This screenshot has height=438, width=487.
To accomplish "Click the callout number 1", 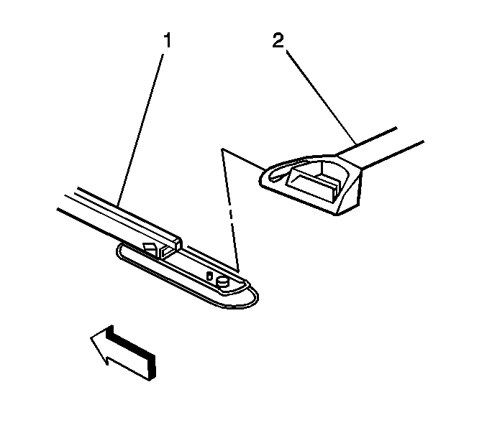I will point(166,41).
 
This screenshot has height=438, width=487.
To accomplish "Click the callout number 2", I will point(278,42).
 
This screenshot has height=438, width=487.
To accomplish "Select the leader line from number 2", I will point(320,93).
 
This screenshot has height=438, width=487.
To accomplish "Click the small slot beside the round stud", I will point(209,276).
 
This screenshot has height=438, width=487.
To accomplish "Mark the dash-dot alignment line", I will point(232,215).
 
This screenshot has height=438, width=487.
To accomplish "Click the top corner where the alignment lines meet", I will point(223,150).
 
